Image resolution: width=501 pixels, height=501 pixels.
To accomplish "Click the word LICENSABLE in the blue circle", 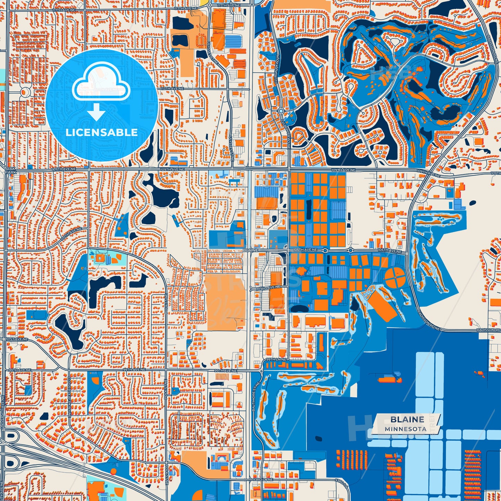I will (102, 132).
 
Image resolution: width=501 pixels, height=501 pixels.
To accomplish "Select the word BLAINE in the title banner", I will (407, 420).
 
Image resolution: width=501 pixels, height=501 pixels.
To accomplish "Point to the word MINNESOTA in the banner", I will (405, 429).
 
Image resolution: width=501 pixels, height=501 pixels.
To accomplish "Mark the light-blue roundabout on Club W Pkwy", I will (281, 111).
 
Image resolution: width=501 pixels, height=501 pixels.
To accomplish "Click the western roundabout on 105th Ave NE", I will (325, 250).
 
